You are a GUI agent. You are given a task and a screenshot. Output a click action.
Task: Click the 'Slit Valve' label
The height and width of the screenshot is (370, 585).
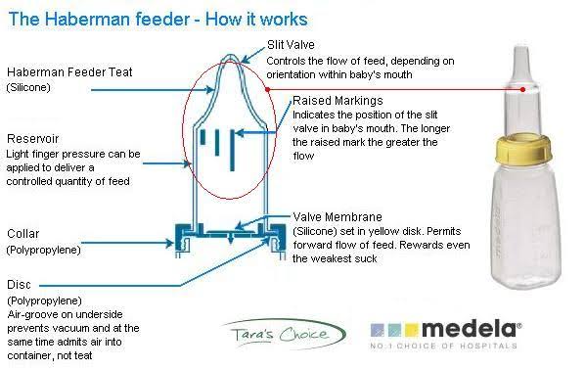(x=291, y=45)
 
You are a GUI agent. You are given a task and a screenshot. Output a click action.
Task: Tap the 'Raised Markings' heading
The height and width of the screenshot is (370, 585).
(x=337, y=101)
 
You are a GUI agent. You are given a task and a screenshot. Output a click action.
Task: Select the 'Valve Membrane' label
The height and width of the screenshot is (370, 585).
(x=337, y=217)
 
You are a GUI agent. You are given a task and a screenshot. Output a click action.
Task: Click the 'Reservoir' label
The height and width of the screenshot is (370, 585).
(x=33, y=139)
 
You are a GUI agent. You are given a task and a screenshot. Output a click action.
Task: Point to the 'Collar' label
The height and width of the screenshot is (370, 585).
(x=23, y=234)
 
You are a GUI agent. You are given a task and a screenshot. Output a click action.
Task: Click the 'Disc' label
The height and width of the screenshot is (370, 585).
(x=19, y=285)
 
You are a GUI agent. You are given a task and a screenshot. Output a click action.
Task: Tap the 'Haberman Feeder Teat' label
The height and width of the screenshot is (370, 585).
(x=69, y=72)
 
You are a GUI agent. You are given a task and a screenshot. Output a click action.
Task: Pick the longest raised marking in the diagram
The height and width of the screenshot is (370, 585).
(x=232, y=150)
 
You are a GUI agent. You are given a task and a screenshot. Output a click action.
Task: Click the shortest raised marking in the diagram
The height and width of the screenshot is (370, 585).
(x=202, y=137)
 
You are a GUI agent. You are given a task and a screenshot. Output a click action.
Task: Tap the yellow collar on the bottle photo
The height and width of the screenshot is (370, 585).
(x=523, y=148)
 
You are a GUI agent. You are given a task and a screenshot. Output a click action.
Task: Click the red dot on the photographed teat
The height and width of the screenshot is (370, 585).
(x=522, y=90)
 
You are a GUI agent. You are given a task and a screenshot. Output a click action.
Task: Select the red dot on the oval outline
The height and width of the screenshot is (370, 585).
(x=267, y=90)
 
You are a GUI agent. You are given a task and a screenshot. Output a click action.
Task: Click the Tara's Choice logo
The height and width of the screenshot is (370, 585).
(x=284, y=334)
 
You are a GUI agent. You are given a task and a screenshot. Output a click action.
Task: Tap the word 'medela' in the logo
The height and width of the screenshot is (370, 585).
(x=470, y=330)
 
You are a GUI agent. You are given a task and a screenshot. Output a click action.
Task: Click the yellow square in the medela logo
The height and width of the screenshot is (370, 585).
(x=412, y=330)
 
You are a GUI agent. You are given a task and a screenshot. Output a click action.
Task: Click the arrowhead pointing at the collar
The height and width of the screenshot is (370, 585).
(x=170, y=243)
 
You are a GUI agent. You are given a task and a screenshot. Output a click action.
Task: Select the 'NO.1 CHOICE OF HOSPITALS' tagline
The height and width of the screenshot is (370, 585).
(x=443, y=346)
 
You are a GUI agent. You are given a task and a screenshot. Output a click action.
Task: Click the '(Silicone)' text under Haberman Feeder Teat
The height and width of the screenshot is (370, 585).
(x=28, y=87)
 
